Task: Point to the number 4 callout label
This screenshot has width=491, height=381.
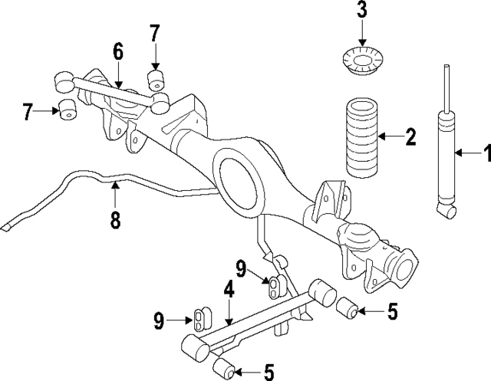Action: coord(228,291)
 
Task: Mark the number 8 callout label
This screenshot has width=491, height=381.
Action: coord(115,220)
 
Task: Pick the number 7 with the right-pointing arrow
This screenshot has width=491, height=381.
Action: coord(28,112)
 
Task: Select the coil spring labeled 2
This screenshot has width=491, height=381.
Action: coord(358,146)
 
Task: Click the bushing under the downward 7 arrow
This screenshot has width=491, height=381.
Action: coord(157,79)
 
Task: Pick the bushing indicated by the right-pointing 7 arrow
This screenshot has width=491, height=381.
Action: coord(67,109)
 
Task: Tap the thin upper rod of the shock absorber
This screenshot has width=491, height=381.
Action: coord(446,88)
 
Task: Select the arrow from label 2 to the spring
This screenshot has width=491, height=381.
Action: coord(390,138)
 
